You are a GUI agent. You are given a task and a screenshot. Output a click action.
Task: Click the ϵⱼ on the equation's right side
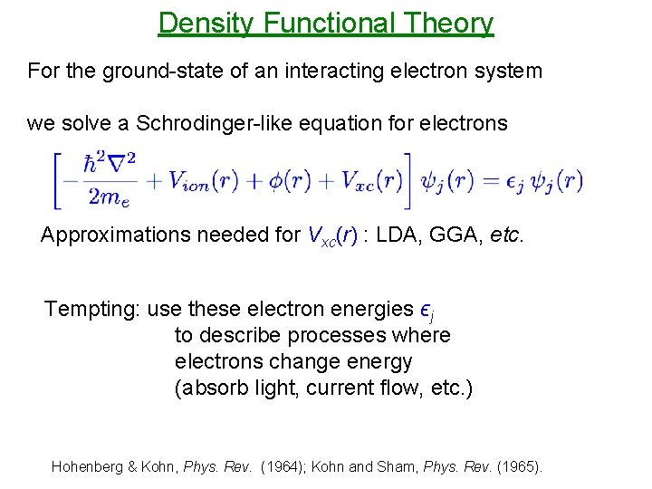click(513, 181)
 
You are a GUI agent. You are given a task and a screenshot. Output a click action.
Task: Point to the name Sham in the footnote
click(426, 467)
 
